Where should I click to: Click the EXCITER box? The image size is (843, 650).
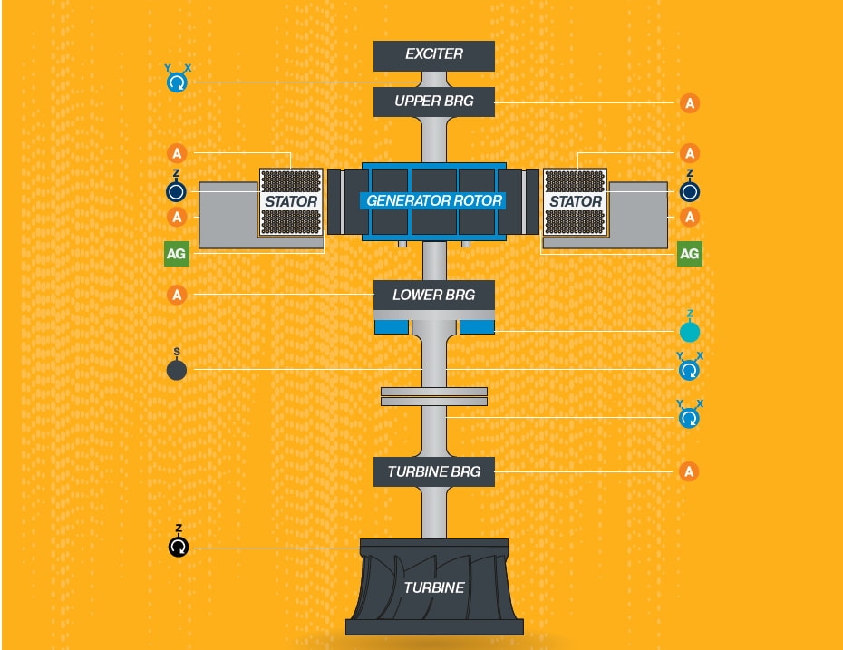(x=434, y=55)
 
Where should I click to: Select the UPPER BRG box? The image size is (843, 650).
(x=434, y=101)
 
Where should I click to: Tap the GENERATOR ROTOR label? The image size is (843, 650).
(x=434, y=200)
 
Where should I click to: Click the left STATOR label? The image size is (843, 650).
(x=291, y=201)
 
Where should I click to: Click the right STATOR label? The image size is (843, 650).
(x=576, y=201)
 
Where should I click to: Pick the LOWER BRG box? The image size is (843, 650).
(x=434, y=295)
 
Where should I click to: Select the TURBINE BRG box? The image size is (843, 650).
(x=434, y=471)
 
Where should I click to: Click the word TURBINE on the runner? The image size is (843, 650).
(x=434, y=587)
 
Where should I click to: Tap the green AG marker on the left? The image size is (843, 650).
(x=177, y=254)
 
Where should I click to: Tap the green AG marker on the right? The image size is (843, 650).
(x=690, y=254)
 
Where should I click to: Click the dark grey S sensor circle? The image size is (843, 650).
(x=177, y=370)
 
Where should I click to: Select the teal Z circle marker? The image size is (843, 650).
(x=690, y=332)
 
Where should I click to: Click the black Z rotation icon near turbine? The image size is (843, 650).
(x=179, y=547)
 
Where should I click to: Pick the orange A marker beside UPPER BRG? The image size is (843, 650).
(x=690, y=103)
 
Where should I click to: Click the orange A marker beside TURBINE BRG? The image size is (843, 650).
(x=690, y=471)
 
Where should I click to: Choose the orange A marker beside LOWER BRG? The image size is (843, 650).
(x=177, y=295)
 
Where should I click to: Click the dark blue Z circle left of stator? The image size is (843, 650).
(x=177, y=192)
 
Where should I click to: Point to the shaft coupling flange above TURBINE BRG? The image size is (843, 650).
(x=434, y=396)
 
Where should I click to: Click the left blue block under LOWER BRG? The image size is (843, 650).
(x=392, y=326)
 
